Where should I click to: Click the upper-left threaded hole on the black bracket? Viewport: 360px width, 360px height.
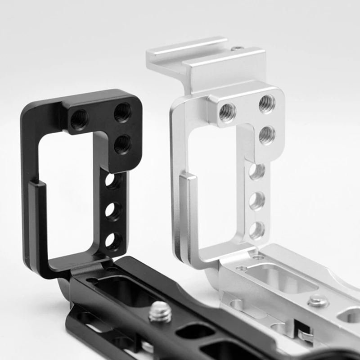tap(80, 120)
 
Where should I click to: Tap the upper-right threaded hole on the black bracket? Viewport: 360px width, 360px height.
tap(122, 112)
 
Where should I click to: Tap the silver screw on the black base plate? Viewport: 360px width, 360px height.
tap(160, 311)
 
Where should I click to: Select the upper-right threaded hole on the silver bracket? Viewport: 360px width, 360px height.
tap(267, 104)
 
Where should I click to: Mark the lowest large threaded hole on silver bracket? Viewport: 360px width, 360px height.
tap(267, 135)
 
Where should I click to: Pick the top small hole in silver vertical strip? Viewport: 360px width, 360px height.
tap(257, 171)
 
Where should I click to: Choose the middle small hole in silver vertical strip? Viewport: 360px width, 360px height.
tap(257, 201)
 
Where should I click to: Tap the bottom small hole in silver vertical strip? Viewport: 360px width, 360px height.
tap(257, 230)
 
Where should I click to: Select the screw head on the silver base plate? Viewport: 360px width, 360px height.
tap(318, 301)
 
